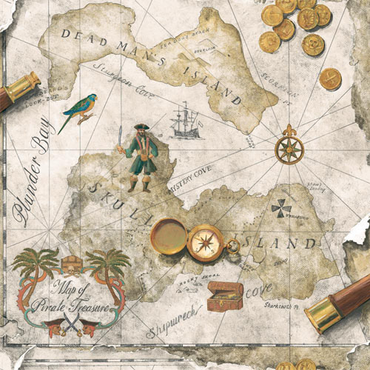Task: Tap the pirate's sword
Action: pos(120,138)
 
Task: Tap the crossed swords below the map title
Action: pos(71,323)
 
